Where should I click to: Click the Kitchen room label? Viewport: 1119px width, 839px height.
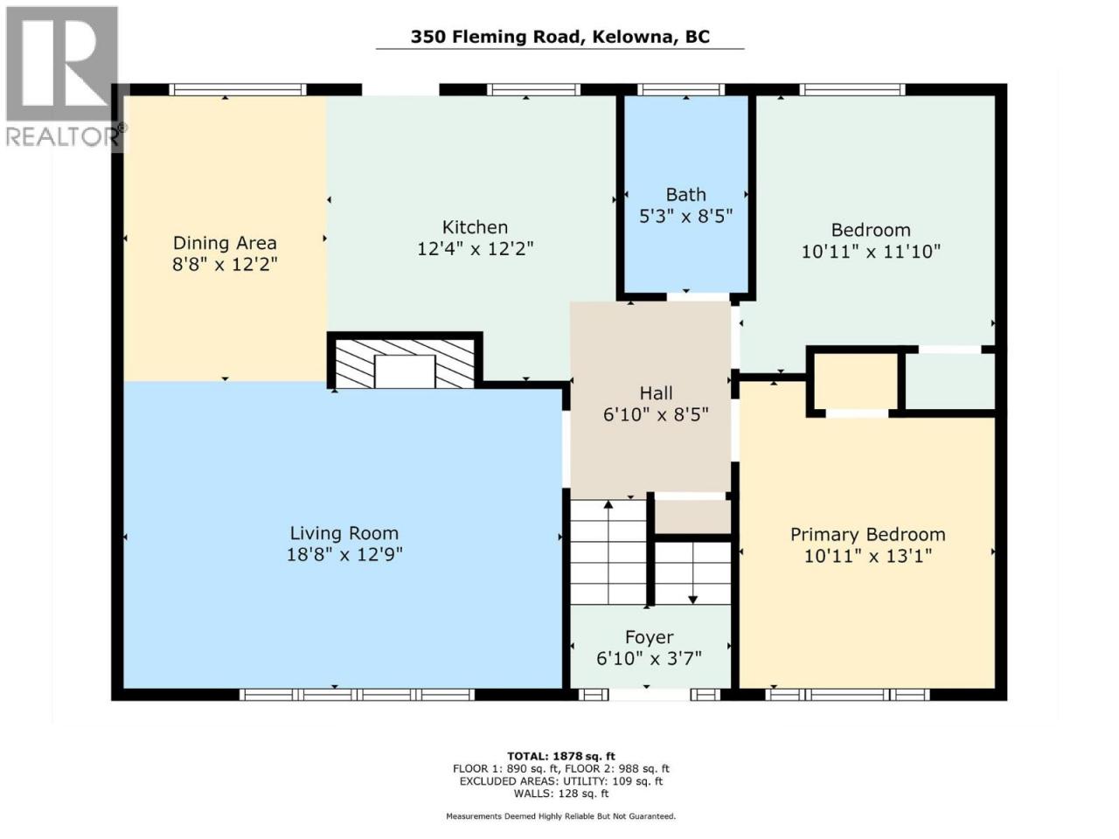(x=475, y=227)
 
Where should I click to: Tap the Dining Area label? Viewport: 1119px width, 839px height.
(x=225, y=243)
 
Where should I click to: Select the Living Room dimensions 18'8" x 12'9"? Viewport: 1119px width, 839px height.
(x=344, y=555)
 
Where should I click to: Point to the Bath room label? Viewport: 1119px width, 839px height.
(x=685, y=195)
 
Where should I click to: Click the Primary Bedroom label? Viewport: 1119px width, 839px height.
(x=868, y=535)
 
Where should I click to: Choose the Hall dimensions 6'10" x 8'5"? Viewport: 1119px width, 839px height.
(x=656, y=415)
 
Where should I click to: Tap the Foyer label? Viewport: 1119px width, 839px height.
(x=649, y=637)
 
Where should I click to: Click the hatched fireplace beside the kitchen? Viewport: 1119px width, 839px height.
(x=405, y=363)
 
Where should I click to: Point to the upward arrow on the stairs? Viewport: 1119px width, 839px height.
(x=608, y=553)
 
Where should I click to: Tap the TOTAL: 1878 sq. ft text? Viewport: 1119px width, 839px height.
(x=560, y=756)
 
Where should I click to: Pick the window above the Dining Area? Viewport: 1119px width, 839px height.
(x=238, y=90)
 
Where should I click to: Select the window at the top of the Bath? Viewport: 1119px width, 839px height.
(x=681, y=90)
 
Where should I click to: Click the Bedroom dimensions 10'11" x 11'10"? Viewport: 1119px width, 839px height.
(x=871, y=252)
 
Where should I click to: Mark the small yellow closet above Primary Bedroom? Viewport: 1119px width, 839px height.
(x=856, y=381)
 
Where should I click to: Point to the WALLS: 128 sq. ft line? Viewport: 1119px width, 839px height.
(x=560, y=794)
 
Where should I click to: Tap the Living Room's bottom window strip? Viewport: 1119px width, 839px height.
(x=357, y=695)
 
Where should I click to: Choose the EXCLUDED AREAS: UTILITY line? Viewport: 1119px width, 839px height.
(x=560, y=781)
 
